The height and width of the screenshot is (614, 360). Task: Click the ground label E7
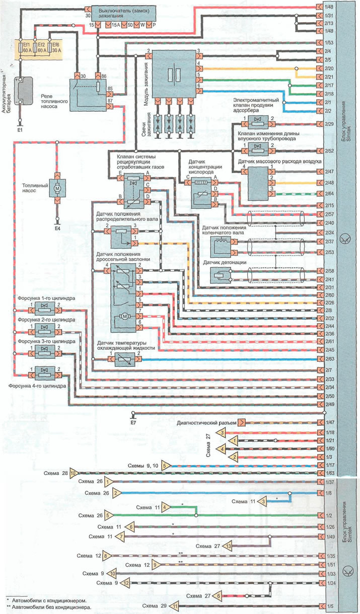click(x=133, y=421)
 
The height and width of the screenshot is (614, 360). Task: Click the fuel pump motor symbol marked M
click(x=57, y=187)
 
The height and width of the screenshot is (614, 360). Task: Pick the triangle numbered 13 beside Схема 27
click(x=228, y=546)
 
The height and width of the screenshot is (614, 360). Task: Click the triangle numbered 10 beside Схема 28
click(x=73, y=473)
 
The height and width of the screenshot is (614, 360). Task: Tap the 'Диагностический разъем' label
click(x=206, y=423)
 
